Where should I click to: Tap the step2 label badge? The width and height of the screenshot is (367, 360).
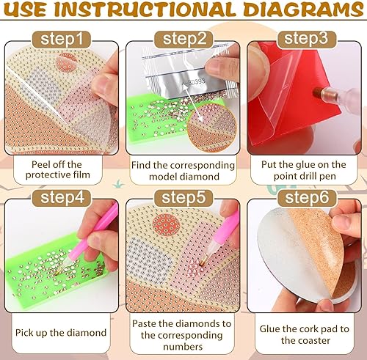(182, 37)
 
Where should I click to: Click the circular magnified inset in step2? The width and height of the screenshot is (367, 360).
(213, 125)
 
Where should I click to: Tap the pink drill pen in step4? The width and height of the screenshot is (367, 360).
(100, 231)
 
